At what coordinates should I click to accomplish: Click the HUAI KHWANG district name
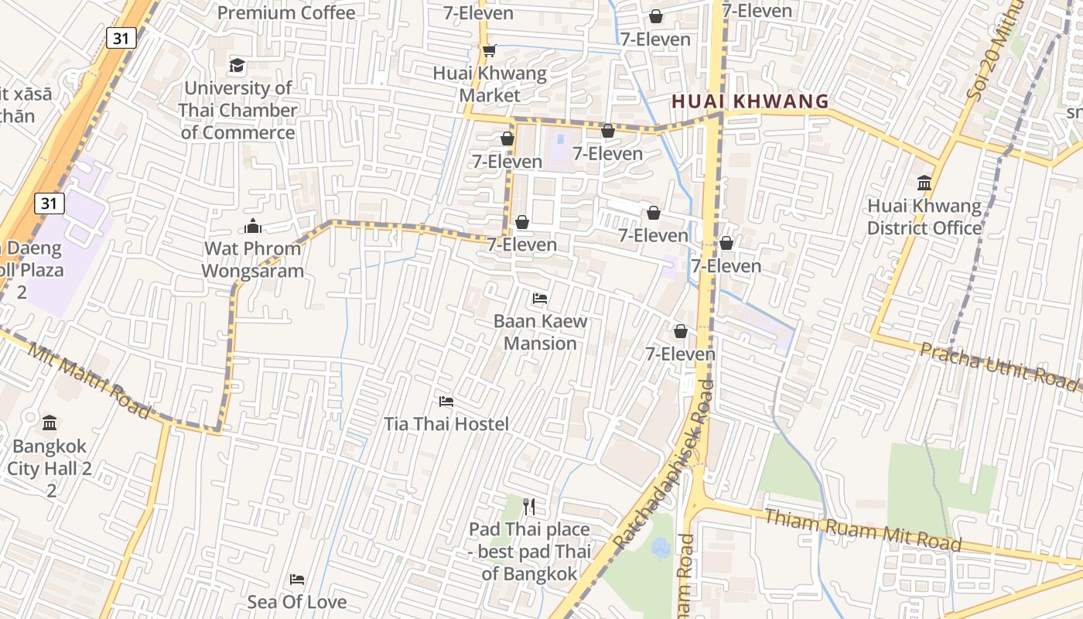point(750,101)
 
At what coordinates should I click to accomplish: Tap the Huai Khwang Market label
point(490,85)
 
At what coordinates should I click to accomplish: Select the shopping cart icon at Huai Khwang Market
point(489,51)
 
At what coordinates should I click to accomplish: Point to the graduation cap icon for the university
point(237,65)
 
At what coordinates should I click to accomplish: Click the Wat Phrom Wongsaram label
point(252,260)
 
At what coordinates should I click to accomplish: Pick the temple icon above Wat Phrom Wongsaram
point(252,226)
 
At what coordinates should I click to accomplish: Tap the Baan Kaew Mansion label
point(540,332)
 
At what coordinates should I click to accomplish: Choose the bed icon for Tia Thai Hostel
point(446,401)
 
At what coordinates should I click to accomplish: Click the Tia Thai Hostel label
point(446,424)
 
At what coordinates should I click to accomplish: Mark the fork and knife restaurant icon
point(529,507)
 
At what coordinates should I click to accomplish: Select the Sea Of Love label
point(297,602)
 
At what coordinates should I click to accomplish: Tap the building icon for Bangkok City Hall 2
point(50,422)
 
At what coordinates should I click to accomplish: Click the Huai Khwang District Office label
point(924,217)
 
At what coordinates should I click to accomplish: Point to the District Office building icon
point(924,183)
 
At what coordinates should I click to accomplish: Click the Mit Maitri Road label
point(90,381)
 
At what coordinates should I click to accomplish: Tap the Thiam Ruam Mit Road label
point(863,530)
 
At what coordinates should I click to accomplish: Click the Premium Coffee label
point(286,13)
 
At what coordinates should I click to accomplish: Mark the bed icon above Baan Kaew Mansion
point(540,298)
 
